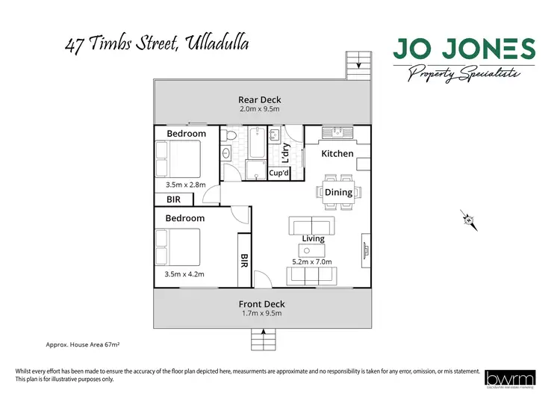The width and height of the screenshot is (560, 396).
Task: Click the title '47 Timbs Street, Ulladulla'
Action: click(x=156, y=44)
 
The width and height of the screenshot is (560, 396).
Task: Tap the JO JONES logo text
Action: click(x=464, y=49)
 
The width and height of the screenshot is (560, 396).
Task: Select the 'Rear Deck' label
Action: click(x=260, y=99)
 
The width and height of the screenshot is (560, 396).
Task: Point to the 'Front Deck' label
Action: click(x=261, y=304)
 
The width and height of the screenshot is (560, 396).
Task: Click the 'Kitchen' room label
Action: click(x=337, y=153)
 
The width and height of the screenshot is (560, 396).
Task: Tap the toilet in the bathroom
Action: click(x=231, y=137)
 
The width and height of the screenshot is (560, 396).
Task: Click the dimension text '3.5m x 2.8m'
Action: click(x=184, y=184)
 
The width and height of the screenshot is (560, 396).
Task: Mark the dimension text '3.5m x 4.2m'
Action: click(x=184, y=274)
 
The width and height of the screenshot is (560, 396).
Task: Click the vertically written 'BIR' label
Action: click(x=243, y=260)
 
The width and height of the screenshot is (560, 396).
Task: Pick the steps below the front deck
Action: click(x=262, y=338)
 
